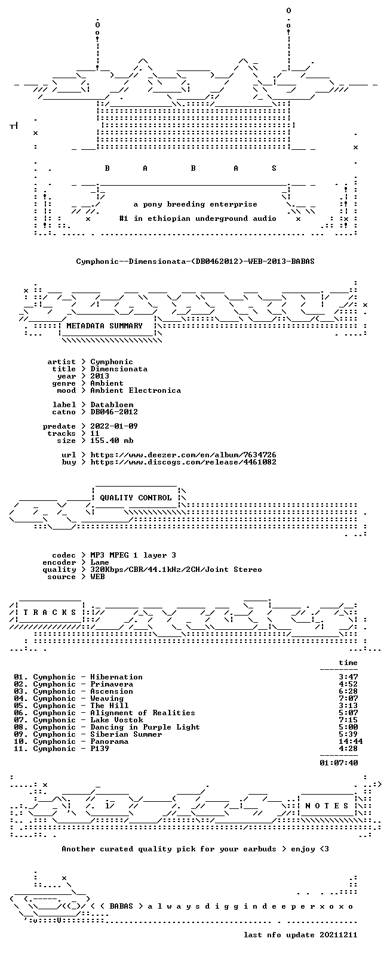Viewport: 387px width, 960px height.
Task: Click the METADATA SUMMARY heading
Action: tap(104, 326)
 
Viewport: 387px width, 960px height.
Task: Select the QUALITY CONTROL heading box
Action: tap(136, 497)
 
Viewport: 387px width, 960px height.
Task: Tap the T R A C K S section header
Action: tap(50, 613)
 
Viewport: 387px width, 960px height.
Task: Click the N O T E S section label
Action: tap(327, 806)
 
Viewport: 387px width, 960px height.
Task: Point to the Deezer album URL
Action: tap(183, 455)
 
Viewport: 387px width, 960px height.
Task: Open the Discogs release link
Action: tap(183, 462)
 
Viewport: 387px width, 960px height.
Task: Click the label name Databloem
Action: tap(112, 405)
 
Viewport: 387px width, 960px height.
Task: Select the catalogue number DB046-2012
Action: tap(114, 412)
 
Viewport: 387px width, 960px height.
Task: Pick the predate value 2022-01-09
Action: tap(114, 426)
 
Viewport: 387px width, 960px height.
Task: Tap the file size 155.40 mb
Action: tap(112, 441)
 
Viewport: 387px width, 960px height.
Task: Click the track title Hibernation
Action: tap(116, 677)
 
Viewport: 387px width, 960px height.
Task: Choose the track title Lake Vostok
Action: tap(116, 720)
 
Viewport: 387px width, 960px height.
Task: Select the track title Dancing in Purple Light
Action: tap(145, 727)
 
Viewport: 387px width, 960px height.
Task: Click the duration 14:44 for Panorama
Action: tap(351, 741)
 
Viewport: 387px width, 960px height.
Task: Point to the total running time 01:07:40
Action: tap(339, 763)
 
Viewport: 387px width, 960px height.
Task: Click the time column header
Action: tap(348, 663)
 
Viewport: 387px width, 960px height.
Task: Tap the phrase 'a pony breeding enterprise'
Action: tap(195, 204)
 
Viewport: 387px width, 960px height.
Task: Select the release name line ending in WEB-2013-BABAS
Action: tap(195, 261)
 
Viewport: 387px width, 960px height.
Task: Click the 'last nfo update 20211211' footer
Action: tap(300, 935)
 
